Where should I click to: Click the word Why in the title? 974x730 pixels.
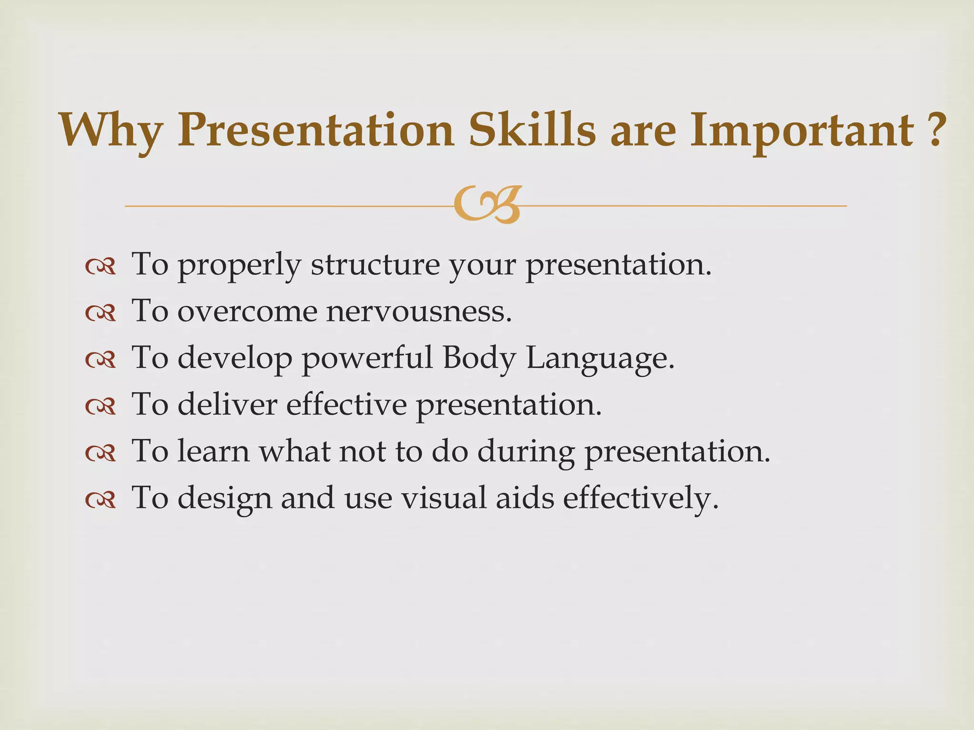(x=111, y=131)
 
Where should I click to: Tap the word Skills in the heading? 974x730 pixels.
(x=532, y=130)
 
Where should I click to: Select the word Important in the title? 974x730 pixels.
(x=801, y=130)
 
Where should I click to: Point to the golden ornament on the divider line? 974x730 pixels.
(x=487, y=205)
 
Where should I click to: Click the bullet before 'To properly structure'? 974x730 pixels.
(x=100, y=267)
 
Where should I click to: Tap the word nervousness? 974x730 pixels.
(x=419, y=312)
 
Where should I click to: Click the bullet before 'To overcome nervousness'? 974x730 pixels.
(x=100, y=314)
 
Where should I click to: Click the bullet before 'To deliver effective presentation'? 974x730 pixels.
(x=100, y=407)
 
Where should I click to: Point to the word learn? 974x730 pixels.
(x=214, y=451)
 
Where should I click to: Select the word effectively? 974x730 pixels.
(x=640, y=499)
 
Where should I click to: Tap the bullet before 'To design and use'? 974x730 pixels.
(x=100, y=500)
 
